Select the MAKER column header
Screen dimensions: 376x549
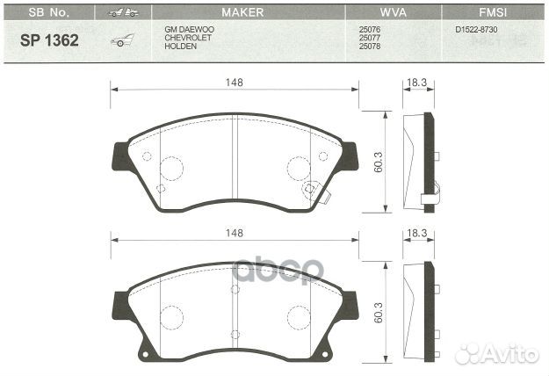243,12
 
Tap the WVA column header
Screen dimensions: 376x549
392,12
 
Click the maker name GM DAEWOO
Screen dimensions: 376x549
188,29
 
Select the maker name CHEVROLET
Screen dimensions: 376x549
186,37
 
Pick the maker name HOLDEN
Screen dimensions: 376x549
180,46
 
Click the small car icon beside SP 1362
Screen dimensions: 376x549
121,40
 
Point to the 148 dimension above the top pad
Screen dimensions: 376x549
233,82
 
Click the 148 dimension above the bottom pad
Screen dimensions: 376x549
233,233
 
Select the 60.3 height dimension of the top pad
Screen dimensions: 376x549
377,162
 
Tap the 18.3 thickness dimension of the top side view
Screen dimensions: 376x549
416,82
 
